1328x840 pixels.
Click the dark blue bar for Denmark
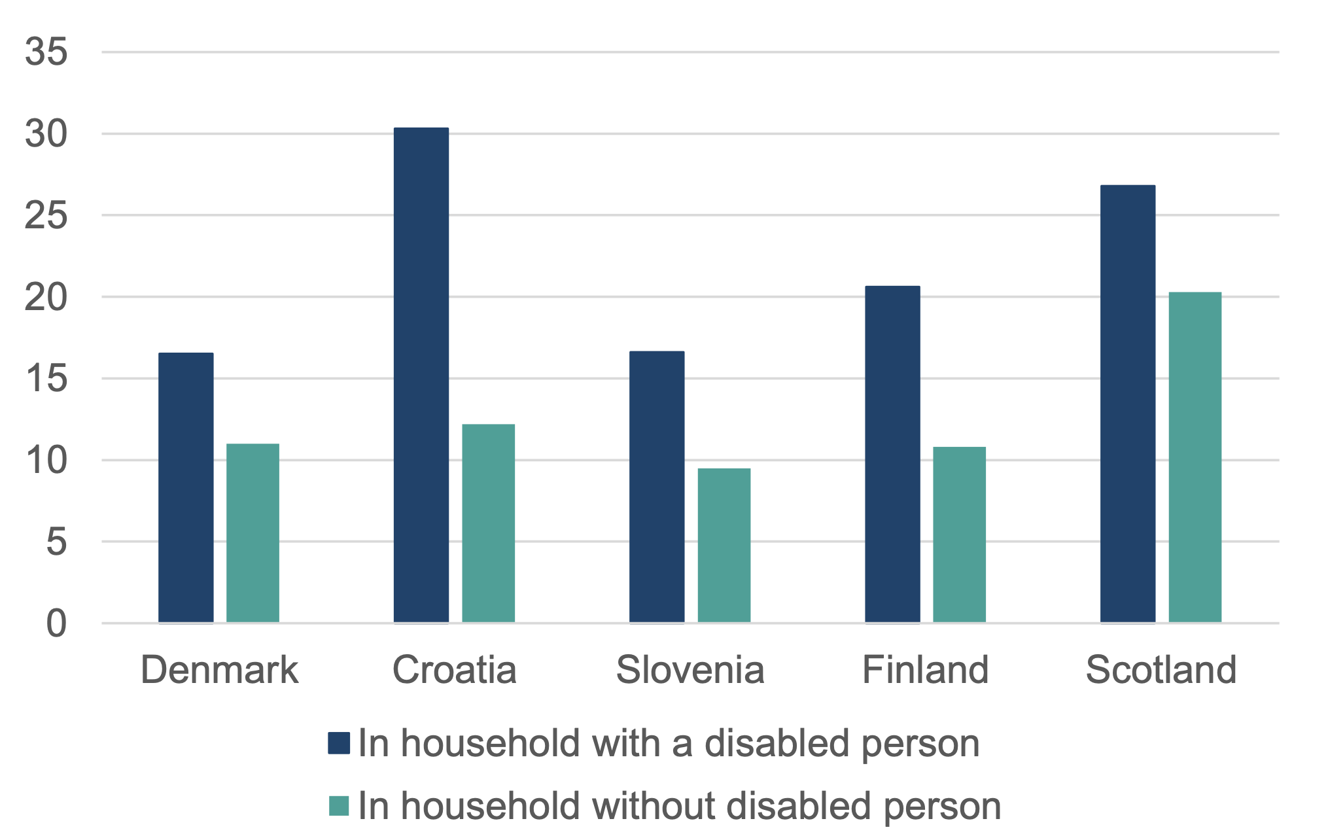click(186, 487)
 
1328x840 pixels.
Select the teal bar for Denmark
click(253, 533)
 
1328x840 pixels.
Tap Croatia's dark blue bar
click(421, 375)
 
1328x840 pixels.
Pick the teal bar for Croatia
click(488, 523)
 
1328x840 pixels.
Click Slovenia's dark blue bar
click(657, 487)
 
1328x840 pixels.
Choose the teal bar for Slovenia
click(724, 545)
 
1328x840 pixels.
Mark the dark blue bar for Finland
click(892, 454)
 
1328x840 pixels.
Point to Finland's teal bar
click(959, 534)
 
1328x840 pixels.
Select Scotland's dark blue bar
click(1128, 404)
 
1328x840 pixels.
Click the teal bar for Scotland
click(1195, 457)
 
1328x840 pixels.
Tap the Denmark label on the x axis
click(219, 670)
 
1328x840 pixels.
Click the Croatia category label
click(455, 670)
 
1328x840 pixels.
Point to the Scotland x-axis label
click(1161, 670)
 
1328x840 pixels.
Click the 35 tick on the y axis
click(46, 52)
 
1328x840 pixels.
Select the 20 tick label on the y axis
click(46, 297)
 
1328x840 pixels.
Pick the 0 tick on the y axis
click(56, 623)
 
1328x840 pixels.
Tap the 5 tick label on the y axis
click(56, 542)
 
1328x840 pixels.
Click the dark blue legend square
click(339, 743)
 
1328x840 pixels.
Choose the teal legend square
click(339, 806)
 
